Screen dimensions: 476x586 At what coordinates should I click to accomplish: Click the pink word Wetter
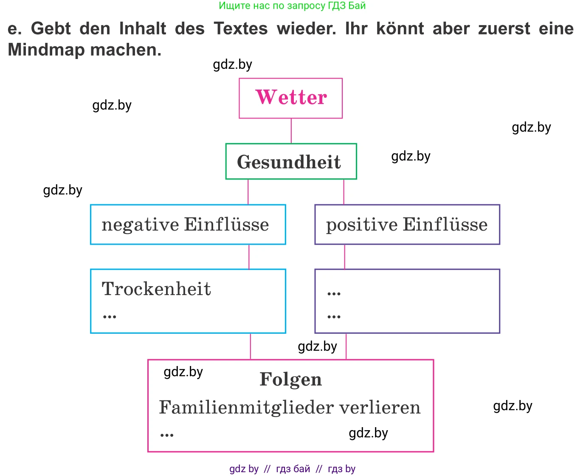click(x=291, y=97)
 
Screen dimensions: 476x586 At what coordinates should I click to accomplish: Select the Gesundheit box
click(x=290, y=162)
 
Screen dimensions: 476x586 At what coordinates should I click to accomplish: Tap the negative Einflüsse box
click(x=187, y=225)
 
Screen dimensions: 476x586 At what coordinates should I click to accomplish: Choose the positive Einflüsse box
click(x=407, y=225)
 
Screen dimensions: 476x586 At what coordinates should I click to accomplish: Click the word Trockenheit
click(x=156, y=289)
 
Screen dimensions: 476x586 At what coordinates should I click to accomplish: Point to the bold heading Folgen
click(x=290, y=380)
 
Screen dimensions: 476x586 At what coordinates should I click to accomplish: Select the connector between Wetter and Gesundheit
click(x=291, y=131)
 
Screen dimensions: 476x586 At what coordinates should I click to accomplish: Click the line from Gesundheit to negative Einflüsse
click(x=248, y=192)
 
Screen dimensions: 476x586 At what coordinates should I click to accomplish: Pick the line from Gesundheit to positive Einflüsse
click(x=344, y=192)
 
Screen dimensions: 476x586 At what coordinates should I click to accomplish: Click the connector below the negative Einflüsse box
click(x=249, y=256)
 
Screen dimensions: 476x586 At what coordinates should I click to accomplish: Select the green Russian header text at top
click(x=292, y=6)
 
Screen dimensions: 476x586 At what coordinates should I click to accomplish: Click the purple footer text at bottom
click(x=292, y=469)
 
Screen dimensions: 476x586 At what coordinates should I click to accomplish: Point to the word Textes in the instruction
click(x=240, y=29)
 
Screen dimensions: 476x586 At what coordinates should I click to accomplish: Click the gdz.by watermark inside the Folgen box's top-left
click(x=183, y=372)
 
